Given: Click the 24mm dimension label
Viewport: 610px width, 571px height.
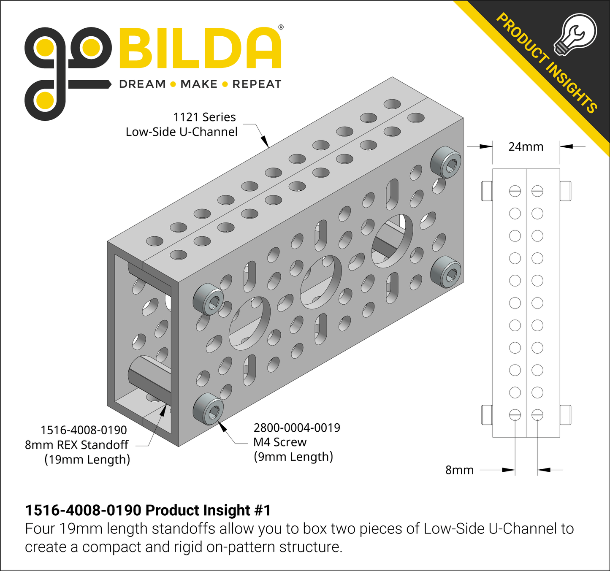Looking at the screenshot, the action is pos(526,146).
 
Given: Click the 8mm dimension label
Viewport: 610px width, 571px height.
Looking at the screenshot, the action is pos(459,470).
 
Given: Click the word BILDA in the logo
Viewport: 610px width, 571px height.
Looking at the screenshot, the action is pos(200,48).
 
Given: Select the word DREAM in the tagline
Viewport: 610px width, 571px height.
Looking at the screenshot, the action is pos(142,84).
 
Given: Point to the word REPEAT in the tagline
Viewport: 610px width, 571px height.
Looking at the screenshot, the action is pos(257,84).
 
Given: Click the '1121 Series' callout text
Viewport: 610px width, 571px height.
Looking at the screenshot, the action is pos(205,117).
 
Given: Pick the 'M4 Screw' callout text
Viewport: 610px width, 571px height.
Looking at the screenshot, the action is pos(280,442).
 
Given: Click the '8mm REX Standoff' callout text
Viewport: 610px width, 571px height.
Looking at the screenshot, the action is pos(76,444).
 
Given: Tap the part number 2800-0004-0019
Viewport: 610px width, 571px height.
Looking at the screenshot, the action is pos(297,428).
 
